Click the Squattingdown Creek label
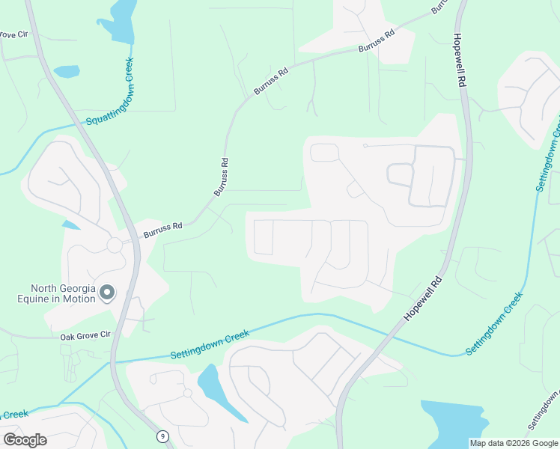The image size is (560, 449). (109, 91)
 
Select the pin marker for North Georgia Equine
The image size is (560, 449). (106, 292)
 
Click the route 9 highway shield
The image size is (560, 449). (162, 436)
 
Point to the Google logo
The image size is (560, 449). (25, 439)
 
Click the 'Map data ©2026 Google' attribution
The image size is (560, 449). (513, 443)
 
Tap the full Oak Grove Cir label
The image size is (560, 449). (85, 337)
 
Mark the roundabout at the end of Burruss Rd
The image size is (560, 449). (115, 245)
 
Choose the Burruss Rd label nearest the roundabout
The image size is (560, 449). (162, 229)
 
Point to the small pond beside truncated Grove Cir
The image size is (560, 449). (66, 72)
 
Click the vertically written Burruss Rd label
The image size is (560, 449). (221, 177)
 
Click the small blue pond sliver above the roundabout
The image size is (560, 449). (71, 224)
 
